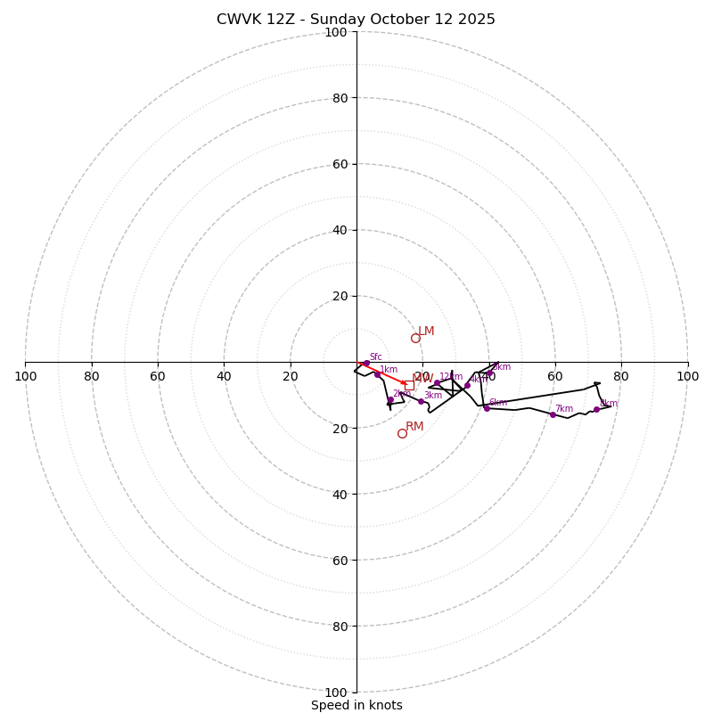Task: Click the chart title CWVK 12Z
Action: click(356, 20)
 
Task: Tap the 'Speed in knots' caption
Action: click(356, 705)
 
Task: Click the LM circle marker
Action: click(415, 338)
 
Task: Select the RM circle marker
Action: click(402, 433)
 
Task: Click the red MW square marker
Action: click(409, 385)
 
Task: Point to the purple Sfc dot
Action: click(365, 363)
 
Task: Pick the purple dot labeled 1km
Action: click(377, 374)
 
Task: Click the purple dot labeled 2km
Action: click(390, 399)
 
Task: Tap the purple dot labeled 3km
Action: click(421, 401)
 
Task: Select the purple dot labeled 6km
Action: click(487, 408)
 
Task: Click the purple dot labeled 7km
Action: click(553, 414)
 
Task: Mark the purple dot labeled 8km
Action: click(596, 409)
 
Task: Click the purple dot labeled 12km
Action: click(437, 382)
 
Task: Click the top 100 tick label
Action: click(336, 32)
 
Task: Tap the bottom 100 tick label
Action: click(336, 693)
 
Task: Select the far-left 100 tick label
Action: click(25, 376)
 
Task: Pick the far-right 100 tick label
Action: click(687, 376)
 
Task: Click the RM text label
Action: click(414, 426)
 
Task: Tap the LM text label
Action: click(426, 331)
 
